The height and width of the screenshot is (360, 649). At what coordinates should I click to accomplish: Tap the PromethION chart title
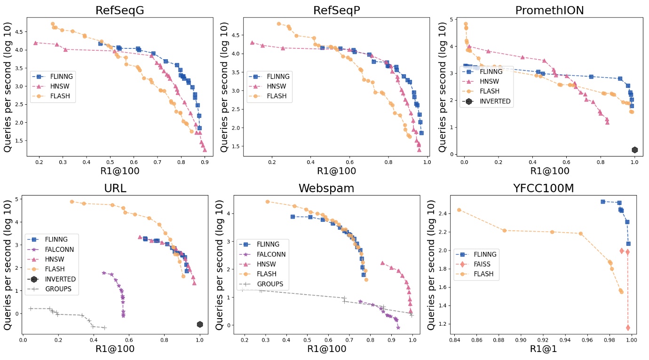(549, 10)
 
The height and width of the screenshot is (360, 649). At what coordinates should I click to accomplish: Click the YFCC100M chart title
(543, 188)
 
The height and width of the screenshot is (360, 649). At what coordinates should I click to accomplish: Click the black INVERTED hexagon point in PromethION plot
(634, 150)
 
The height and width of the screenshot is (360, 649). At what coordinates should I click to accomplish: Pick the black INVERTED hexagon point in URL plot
(200, 324)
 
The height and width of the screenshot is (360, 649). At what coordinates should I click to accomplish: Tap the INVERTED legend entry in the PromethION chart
(493, 101)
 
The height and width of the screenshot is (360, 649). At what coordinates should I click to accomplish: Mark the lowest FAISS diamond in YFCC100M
(628, 328)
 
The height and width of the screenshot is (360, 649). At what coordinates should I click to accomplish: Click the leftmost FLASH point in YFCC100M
(459, 210)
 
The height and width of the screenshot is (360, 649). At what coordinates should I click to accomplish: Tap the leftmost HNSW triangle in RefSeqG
(35, 43)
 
